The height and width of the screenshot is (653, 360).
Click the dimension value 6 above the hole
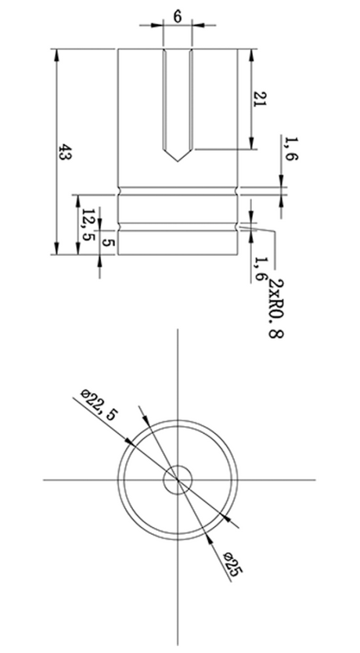click(178, 16)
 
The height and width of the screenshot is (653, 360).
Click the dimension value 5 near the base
click(107, 244)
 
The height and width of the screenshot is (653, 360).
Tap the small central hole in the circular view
click(178, 480)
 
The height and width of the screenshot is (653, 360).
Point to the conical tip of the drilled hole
click(178, 157)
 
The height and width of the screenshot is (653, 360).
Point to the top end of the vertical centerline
click(178, 330)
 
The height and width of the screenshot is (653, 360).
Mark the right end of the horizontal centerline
click(315, 480)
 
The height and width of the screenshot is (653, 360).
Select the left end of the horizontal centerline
click(43, 480)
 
